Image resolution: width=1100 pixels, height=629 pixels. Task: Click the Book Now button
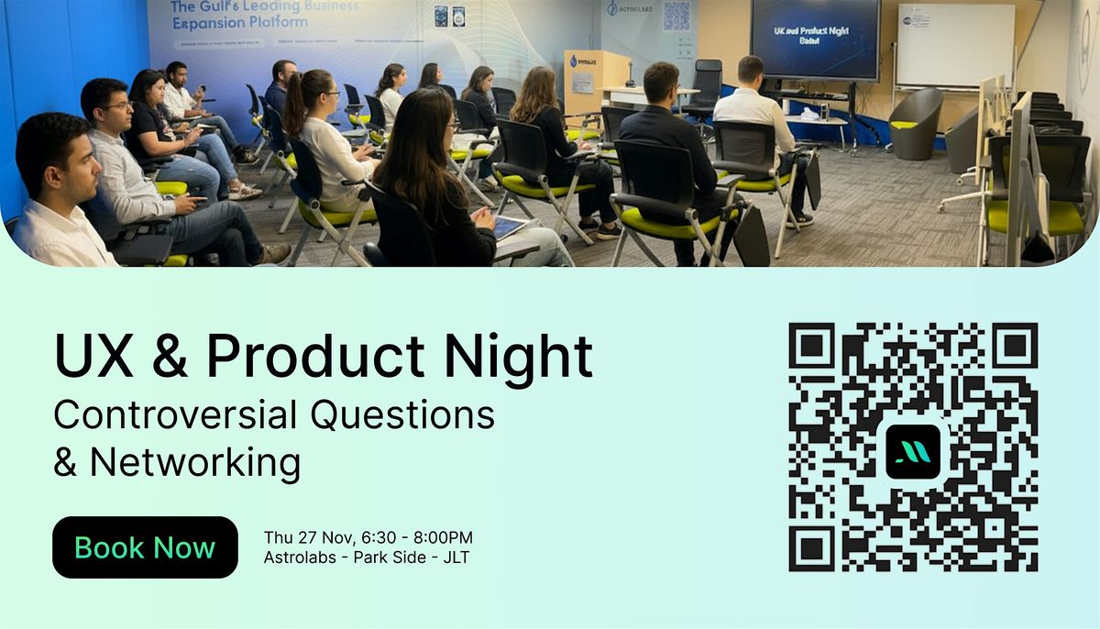pyautogui.click(x=145, y=547)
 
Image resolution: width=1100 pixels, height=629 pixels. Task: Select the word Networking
pyautogui.click(x=194, y=462)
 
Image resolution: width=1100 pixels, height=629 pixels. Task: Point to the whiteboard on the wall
pyautogui.click(x=955, y=46)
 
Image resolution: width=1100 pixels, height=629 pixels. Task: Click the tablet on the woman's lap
pyautogui.click(x=511, y=227)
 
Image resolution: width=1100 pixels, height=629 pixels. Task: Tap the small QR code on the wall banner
pyautogui.click(x=676, y=16)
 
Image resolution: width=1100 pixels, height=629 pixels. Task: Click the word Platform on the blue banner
pyautogui.click(x=274, y=22)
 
